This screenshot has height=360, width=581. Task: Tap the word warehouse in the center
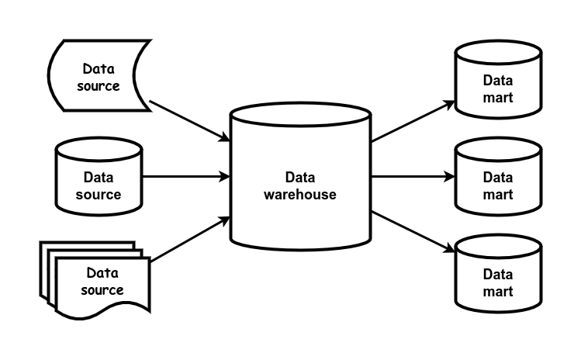point(300,195)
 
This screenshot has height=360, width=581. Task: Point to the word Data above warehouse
point(300,178)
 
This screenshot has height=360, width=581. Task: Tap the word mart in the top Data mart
point(498,98)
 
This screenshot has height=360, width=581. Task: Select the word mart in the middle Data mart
point(498,195)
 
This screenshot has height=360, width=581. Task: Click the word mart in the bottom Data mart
point(498,292)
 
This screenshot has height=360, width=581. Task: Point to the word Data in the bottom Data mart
point(498,275)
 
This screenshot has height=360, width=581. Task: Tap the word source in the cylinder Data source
point(99,195)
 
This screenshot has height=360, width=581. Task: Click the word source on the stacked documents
point(102,290)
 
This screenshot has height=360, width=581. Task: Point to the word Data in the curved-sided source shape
point(99,68)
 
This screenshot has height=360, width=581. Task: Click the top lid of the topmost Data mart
point(498,53)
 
